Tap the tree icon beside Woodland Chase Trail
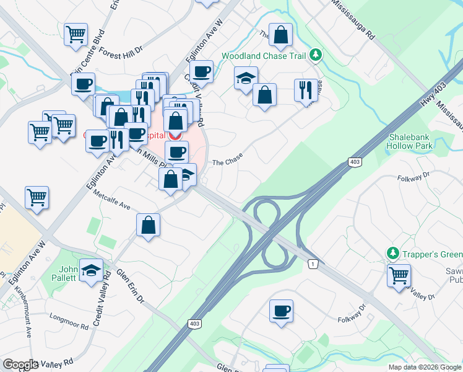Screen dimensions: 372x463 (x=316, y=55)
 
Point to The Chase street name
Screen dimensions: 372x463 (x=227, y=162)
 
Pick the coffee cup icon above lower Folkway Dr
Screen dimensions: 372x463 (x=281, y=309)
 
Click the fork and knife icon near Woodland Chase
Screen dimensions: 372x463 (x=306, y=91)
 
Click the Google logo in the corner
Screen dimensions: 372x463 (x=20, y=365)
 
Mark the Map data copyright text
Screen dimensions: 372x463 (x=425, y=367)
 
